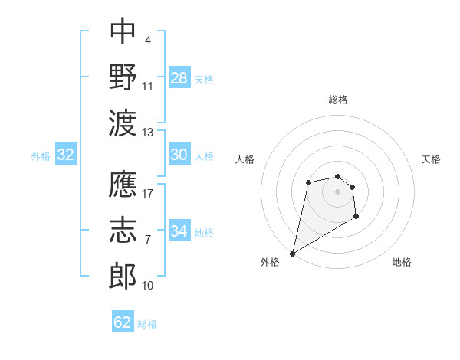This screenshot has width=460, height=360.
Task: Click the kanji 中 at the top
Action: click(x=123, y=31)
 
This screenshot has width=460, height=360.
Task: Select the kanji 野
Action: click(x=123, y=76)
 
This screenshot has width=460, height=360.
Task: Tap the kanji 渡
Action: click(x=123, y=121)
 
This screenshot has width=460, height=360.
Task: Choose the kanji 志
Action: click(x=123, y=230)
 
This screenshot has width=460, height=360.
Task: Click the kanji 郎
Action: click(x=123, y=275)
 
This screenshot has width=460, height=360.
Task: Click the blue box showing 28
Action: click(x=179, y=78)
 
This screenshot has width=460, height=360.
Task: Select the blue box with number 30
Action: click(x=179, y=155)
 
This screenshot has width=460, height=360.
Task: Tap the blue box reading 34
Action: click(x=179, y=231)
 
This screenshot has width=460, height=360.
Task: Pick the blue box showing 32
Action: click(x=66, y=155)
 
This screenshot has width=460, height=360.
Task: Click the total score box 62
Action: click(x=123, y=322)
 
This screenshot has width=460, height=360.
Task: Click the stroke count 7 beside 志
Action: click(x=148, y=240)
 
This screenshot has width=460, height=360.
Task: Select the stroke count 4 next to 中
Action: click(x=147, y=40)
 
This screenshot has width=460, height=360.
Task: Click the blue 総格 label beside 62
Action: click(x=147, y=324)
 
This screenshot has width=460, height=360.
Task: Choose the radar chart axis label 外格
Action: click(x=270, y=263)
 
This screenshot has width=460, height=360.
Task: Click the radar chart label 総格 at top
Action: click(x=337, y=100)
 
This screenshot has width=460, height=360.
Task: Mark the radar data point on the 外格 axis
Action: click(x=292, y=253)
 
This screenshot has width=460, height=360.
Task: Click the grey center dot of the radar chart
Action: click(x=337, y=190)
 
